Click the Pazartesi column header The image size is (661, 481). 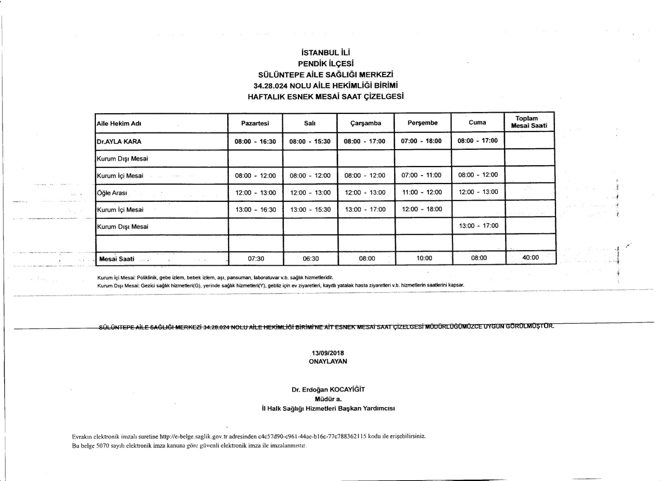coord(255,123)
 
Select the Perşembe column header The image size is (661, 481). coord(422,123)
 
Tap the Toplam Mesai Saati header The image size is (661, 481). coord(529,122)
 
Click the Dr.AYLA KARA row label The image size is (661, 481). coord(119,141)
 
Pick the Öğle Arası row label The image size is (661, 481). coord(112,193)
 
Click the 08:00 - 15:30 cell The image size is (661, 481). coord(310,141)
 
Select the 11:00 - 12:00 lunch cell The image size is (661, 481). coord(422,192)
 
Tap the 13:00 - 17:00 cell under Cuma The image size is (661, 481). coord(478,225)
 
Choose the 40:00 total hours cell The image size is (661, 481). coord(530,258)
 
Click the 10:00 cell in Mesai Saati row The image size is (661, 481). coord(424,258)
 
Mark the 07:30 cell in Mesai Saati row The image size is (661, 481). coord(256,258)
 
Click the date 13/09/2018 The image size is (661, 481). coord(328,353)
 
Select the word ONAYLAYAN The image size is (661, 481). coord(328,361)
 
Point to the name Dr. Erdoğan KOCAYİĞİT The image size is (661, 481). coord(328,389)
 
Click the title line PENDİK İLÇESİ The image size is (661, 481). coord(326,64)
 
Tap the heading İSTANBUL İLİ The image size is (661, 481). coord(326,53)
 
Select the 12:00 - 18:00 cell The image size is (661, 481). coord(422,209)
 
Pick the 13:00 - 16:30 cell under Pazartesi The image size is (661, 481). coord(256,210)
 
